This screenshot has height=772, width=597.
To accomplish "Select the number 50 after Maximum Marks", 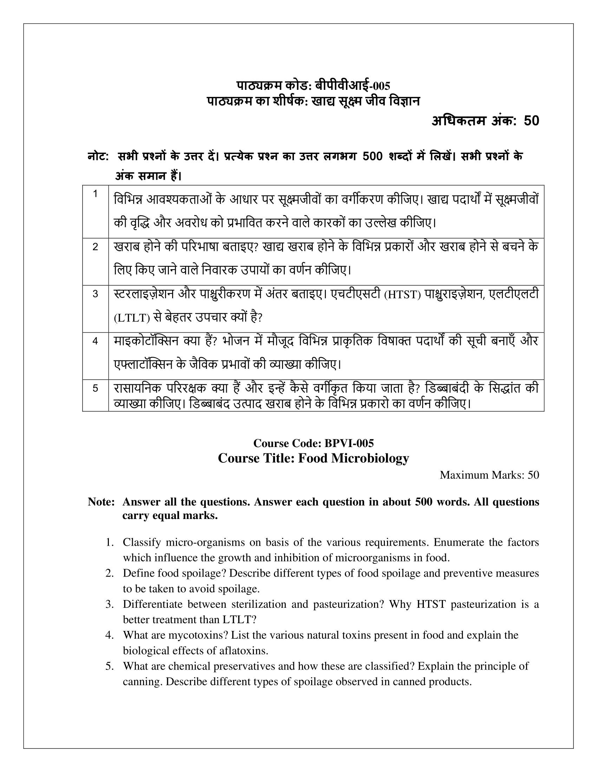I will click(x=533, y=475).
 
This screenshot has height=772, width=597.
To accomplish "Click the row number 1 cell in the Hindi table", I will click(x=95, y=194).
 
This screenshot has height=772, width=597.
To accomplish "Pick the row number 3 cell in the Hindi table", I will click(x=95, y=294).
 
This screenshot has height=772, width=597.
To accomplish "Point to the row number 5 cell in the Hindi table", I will click(x=95, y=388).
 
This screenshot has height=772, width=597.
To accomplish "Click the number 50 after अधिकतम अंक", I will click(x=531, y=121).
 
